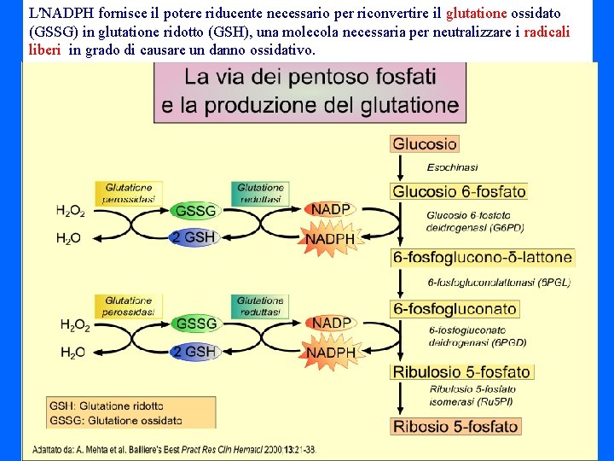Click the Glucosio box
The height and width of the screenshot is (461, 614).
tap(425, 144)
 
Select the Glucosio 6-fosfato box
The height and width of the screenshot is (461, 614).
tap(459, 191)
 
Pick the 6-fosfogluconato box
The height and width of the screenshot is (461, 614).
tap(455, 309)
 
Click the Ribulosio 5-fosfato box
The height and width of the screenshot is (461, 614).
tap(462, 371)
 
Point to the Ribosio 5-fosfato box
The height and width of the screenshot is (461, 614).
tap(455, 426)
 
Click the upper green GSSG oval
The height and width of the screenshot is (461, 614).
tap(194, 210)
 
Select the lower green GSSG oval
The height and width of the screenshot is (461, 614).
tap(194, 324)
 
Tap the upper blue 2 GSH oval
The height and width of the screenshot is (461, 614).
tap(193, 237)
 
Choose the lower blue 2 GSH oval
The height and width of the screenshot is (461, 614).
tap(193, 351)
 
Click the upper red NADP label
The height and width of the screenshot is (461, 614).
tap(331, 209)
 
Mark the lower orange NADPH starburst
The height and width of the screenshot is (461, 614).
tap(331, 353)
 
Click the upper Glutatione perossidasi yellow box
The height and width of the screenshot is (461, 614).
tap(129, 193)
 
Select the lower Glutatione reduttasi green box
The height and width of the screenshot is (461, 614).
tap(260, 306)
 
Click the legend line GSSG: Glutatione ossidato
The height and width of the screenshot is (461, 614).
tap(115, 420)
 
